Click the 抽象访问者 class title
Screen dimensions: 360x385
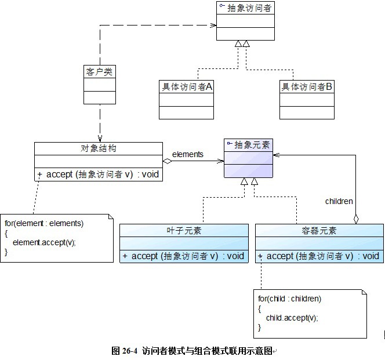tap(249, 8)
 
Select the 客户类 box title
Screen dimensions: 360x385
tap(99, 72)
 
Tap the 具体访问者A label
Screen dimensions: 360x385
tap(186, 86)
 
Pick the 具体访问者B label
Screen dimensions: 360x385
tap(307, 86)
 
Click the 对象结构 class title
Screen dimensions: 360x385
tap(99, 148)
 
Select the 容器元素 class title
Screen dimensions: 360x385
tap(318, 231)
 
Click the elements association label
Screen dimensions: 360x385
tap(188, 154)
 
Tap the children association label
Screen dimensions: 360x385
tap(339, 201)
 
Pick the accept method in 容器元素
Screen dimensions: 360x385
tap(319, 256)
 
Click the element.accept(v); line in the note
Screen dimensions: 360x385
tap(44, 242)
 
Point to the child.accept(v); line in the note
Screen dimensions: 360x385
tap(292, 318)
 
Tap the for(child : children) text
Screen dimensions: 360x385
tap(289, 299)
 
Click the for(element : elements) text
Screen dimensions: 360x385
tap(44, 223)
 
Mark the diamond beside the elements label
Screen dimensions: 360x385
tap(168, 161)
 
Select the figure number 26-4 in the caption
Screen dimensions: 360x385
tap(127, 351)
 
